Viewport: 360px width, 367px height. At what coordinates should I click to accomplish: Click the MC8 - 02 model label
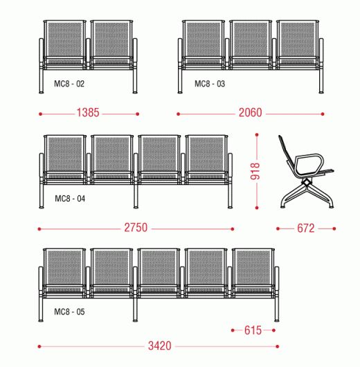coord(69,84)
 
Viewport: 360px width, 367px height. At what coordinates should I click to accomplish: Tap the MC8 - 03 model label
coord(210,84)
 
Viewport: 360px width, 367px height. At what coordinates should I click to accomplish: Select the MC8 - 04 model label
coord(70,199)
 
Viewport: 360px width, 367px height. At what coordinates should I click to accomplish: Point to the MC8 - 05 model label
coord(69,312)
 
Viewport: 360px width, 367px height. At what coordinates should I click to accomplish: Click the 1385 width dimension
coord(88,113)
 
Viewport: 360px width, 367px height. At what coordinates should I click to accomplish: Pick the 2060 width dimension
coord(250,113)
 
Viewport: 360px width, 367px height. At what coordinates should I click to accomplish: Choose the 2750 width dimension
coord(136,228)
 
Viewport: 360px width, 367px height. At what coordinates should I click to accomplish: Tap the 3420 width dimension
coord(160,346)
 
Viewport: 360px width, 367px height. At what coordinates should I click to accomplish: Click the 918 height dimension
coord(255,171)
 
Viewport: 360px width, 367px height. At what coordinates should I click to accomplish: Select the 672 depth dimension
coord(306,229)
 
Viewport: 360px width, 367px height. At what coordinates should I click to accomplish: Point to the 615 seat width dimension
coord(253,330)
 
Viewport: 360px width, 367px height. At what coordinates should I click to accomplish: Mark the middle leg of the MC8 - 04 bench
coord(136,196)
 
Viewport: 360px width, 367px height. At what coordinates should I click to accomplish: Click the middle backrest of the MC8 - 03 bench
coord(251,39)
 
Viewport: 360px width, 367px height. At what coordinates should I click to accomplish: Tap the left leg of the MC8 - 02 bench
coord(42,81)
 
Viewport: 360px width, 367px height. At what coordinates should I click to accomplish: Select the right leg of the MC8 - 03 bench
coord(321,81)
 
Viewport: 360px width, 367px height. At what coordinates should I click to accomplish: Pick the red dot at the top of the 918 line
coord(257,135)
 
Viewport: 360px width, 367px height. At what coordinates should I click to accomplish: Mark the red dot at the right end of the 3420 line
coord(278,346)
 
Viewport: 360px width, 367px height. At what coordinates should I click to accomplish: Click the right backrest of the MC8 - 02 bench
coord(111,39)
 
